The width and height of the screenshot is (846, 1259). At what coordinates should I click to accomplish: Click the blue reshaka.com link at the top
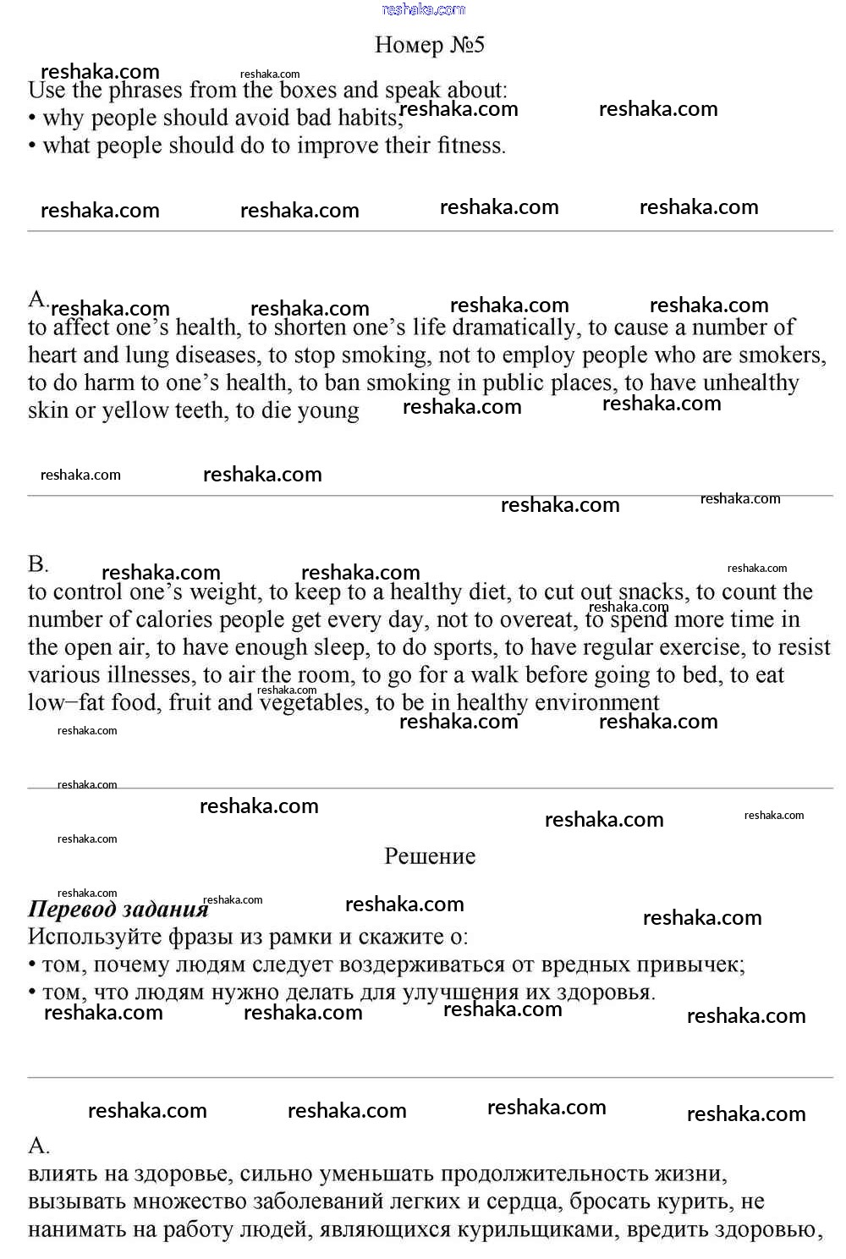point(423,9)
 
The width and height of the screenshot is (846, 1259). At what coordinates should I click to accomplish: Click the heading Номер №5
point(430,45)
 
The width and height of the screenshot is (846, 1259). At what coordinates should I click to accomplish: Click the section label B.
point(38,564)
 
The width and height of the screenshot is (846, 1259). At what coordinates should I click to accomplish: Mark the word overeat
point(536,620)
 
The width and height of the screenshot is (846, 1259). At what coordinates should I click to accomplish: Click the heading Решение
point(430,856)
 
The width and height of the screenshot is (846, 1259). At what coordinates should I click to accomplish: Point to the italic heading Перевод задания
point(118,910)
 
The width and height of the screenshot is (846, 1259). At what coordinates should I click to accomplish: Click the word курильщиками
point(536,1229)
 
